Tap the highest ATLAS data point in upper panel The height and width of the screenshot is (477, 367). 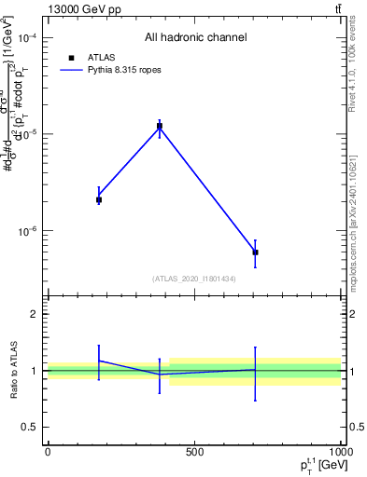coord(160,126)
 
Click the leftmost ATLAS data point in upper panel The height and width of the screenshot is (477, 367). coord(99,199)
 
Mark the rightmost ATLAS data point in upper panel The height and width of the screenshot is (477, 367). coord(255,252)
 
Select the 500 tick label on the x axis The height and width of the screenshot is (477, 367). coord(194,452)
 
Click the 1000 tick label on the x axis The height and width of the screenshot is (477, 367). coord(340,452)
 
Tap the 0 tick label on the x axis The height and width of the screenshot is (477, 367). coord(48,452)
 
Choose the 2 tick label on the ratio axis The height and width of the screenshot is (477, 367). coord(35,315)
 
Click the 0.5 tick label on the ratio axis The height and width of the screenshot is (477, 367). coord(30,427)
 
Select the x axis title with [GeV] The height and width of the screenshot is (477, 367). coord(313,465)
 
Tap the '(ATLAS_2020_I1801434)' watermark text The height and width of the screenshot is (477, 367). coord(194,279)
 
